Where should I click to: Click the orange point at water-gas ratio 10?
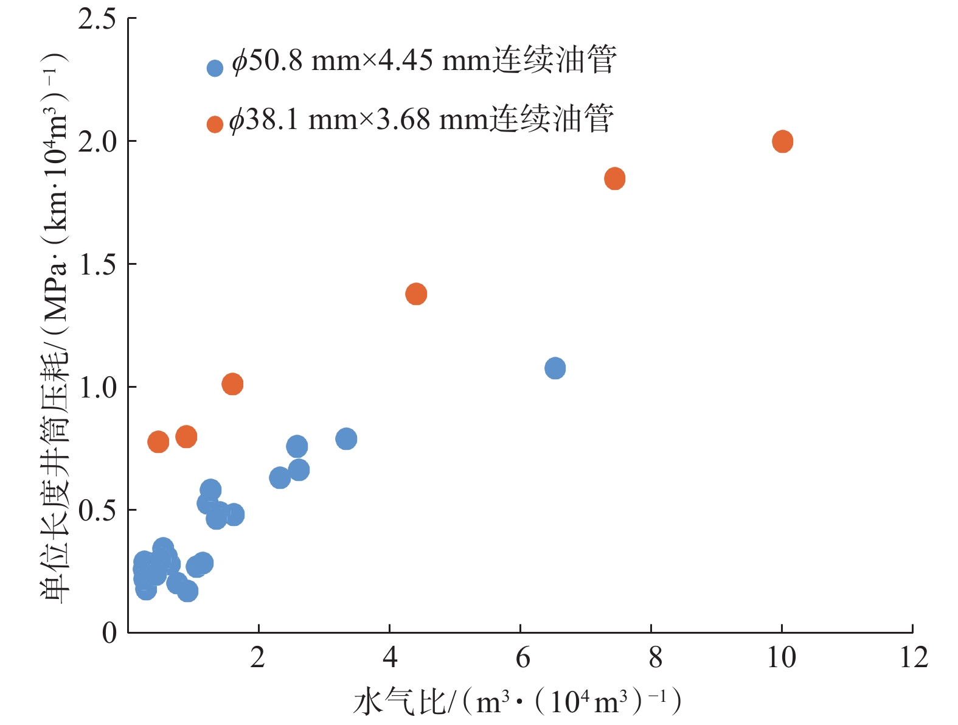(782, 142)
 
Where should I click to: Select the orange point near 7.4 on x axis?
(614, 179)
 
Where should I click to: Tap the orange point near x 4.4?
(416, 294)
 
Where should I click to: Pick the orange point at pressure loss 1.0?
(232, 384)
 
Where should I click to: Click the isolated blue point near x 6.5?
(555, 368)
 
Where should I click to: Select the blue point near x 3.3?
(346, 439)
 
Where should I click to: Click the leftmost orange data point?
(158, 442)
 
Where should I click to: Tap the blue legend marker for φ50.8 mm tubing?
(215, 68)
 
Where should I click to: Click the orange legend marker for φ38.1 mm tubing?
(215, 125)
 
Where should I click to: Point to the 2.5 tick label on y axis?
(97, 19)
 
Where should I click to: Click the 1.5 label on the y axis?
(97, 265)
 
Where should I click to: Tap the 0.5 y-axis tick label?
(97, 510)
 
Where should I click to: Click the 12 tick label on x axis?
(913, 658)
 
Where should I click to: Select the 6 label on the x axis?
(522, 658)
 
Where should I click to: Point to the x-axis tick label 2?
(259, 658)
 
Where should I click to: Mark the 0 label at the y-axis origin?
(109, 633)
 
